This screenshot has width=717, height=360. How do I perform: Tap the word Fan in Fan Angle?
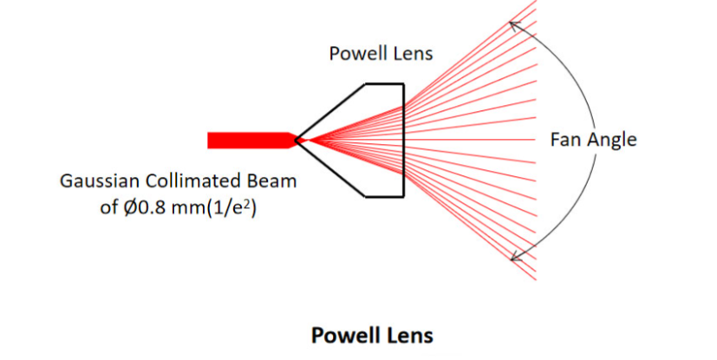coord(564,139)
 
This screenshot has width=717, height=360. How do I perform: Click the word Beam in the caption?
coord(272,182)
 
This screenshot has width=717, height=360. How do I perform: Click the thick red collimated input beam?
coord(247,140)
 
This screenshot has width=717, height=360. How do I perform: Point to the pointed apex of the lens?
coord(297,140)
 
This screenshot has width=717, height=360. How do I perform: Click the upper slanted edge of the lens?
coord(331,111)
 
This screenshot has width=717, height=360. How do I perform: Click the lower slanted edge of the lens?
coord(331,168)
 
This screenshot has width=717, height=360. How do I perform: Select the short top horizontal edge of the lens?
coord(385,83)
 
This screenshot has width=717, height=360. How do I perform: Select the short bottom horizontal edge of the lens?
coord(385,196)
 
